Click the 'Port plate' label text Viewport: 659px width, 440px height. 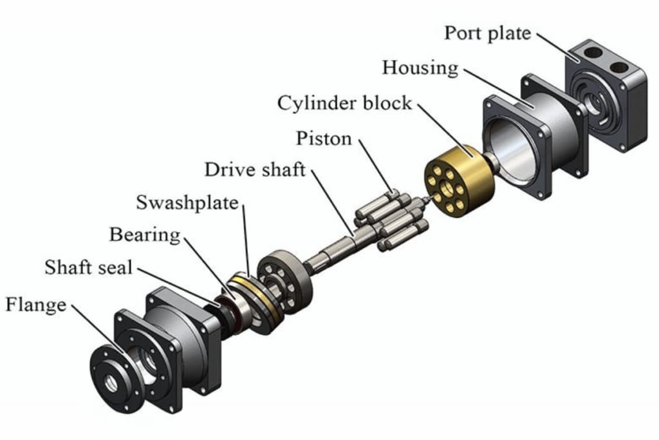tap(487, 33)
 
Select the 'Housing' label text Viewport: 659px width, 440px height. tap(420, 68)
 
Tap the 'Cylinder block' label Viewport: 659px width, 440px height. tap(344, 103)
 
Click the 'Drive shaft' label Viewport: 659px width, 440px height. tap(255, 170)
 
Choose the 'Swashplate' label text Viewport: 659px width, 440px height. tap(187, 203)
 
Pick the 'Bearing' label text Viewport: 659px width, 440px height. tap(145, 234)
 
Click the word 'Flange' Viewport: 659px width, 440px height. tap(36, 303)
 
